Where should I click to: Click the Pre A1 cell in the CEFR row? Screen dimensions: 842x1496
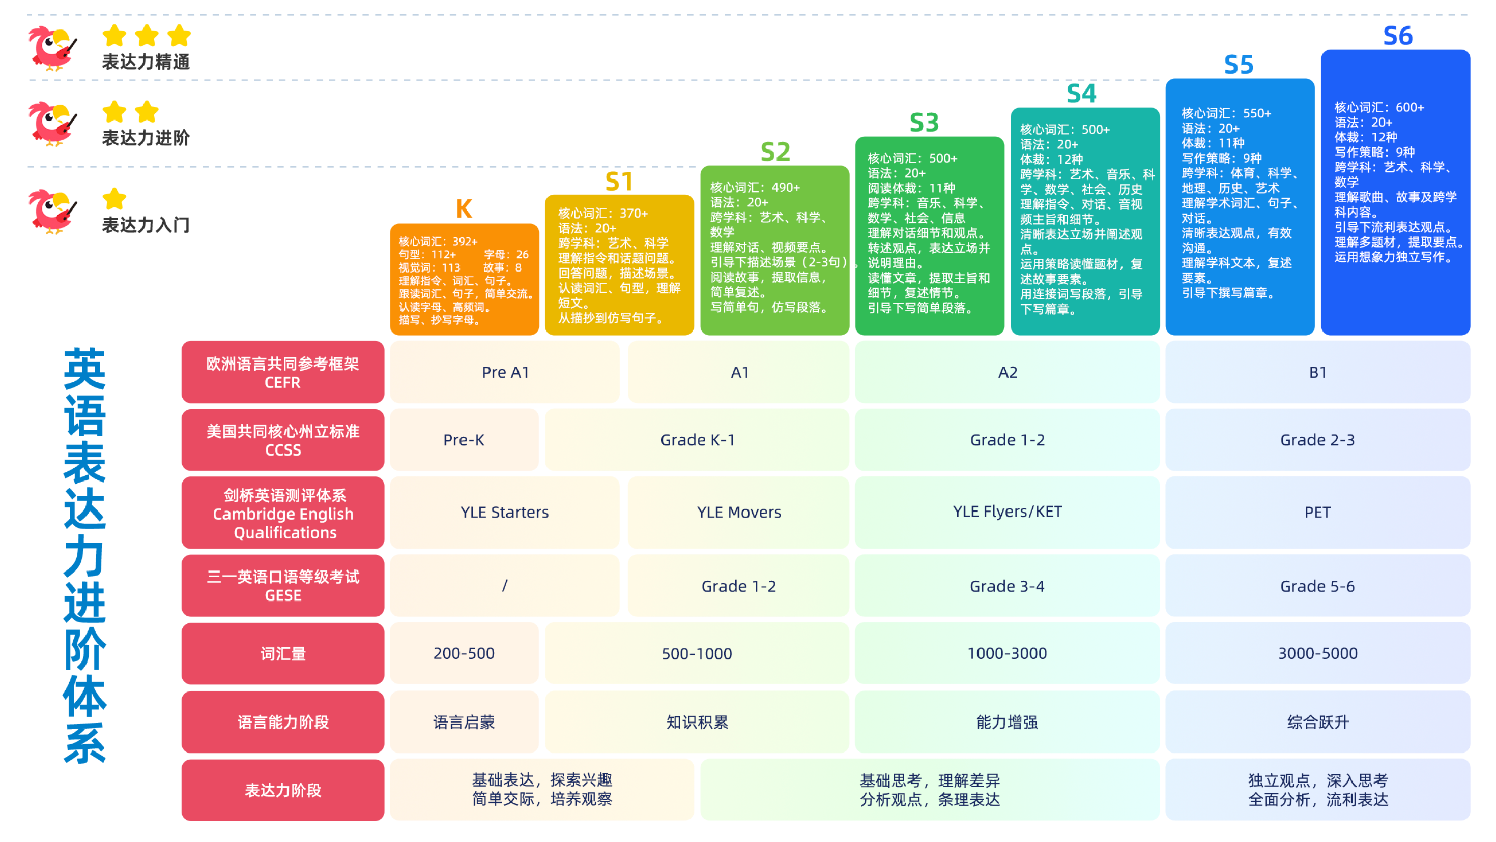(x=505, y=372)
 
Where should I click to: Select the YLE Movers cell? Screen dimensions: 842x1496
(x=739, y=513)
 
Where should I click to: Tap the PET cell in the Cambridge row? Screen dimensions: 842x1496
(x=1317, y=513)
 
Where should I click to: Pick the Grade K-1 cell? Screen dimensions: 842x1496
(x=697, y=440)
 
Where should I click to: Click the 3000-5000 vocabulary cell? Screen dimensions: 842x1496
(x=1317, y=653)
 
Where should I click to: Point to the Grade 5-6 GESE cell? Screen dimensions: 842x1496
(x=1317, y=586)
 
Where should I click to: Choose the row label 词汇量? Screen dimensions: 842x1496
(x=283, y=654)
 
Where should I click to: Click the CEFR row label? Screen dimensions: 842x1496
(x=283, y=373)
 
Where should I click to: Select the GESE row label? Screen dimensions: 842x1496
(x=283, y=586)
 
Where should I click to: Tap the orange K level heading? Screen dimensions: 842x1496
(x=464, y=209)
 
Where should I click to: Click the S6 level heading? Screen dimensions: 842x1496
(x=1397, y=36)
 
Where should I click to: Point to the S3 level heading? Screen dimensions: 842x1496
(x=924, y=123)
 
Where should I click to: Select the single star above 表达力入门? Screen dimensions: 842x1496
(x=114, y=199)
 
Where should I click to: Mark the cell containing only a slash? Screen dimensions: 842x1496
(x=505, y=586)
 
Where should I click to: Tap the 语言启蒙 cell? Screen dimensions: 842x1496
(x=464, y=722)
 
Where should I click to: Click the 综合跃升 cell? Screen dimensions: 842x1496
(x=1317, y=722)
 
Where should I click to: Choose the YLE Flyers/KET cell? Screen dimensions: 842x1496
(x=1007, y=512)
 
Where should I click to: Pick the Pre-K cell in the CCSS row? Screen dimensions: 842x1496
(x=464, y=440)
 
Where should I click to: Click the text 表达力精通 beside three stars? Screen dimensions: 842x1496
(x=146, y=62)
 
